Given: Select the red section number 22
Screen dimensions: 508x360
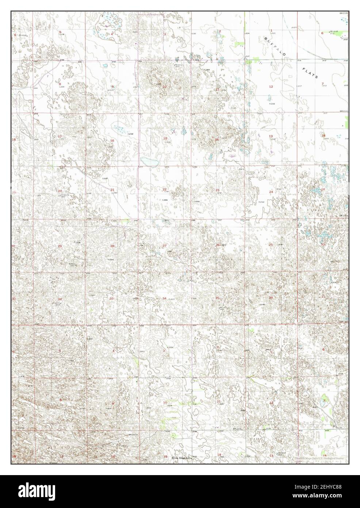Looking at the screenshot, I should coord(165,189).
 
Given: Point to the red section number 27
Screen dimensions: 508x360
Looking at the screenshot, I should coord(165,246).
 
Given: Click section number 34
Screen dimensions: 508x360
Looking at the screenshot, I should coord(165,299).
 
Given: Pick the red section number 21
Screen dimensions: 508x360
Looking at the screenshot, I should coord(112,189).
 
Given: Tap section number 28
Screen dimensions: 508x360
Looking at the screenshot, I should coord(112,246).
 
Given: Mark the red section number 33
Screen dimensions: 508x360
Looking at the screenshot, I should coord(111,299).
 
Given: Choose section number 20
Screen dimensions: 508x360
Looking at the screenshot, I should coord(60,191).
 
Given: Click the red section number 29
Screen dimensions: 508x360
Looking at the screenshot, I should coord(60,246).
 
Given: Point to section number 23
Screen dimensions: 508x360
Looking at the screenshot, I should coord(218,190).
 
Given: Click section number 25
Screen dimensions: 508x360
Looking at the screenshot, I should coord(271,244).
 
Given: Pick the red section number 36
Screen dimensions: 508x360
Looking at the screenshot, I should coord(271,298).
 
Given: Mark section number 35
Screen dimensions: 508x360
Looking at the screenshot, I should coord(218,298).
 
